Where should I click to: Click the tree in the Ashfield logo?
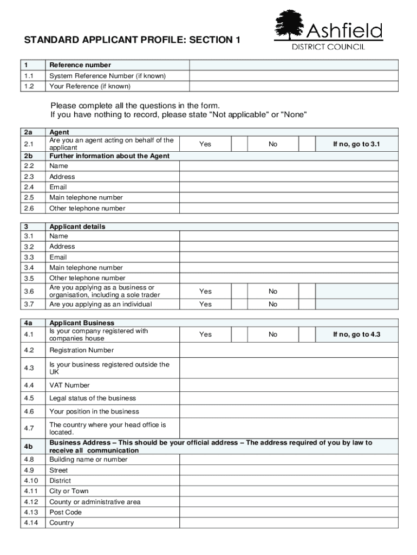pos(291,25)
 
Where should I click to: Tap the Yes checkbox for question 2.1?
pos(239,144)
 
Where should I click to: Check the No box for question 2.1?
pos(307,144)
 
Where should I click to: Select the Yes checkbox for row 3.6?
pos(239,292)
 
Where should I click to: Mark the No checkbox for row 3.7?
pos(307,304)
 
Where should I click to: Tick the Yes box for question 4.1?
pos(239,334)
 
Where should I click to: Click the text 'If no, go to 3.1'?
pos(356,144)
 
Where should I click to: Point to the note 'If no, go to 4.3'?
pos(356,334)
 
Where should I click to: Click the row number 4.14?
pos(31,523)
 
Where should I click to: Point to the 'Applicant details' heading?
pos(77,227)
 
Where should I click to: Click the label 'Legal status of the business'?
pos(93,398)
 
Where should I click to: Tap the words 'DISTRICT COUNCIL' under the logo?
pos(329,47)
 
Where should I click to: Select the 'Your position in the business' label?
pos(94,411)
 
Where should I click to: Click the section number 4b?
pos(29,447)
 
